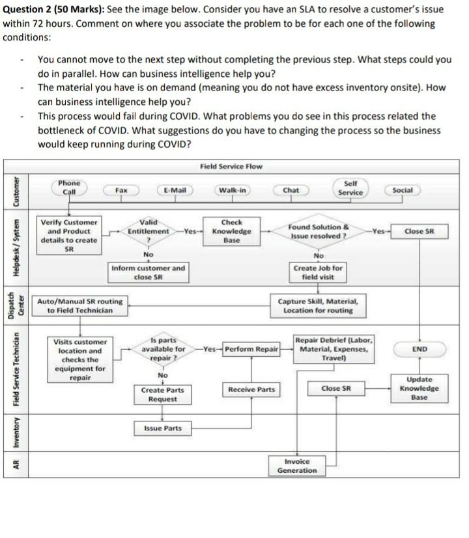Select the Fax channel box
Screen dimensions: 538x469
coord(121,190)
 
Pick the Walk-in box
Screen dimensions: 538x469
coord(233,190)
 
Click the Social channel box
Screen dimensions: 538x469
coord(403,190)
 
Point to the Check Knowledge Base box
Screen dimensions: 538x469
coord(231,231)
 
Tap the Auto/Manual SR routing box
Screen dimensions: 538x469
coord(79,305)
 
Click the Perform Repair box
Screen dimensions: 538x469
coord(251,350)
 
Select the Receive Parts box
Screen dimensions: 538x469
coord(251,389)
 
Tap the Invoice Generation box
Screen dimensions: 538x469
coord(297,465)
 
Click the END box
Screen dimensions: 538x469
coord(419,350)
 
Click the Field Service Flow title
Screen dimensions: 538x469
coord(231,165)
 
